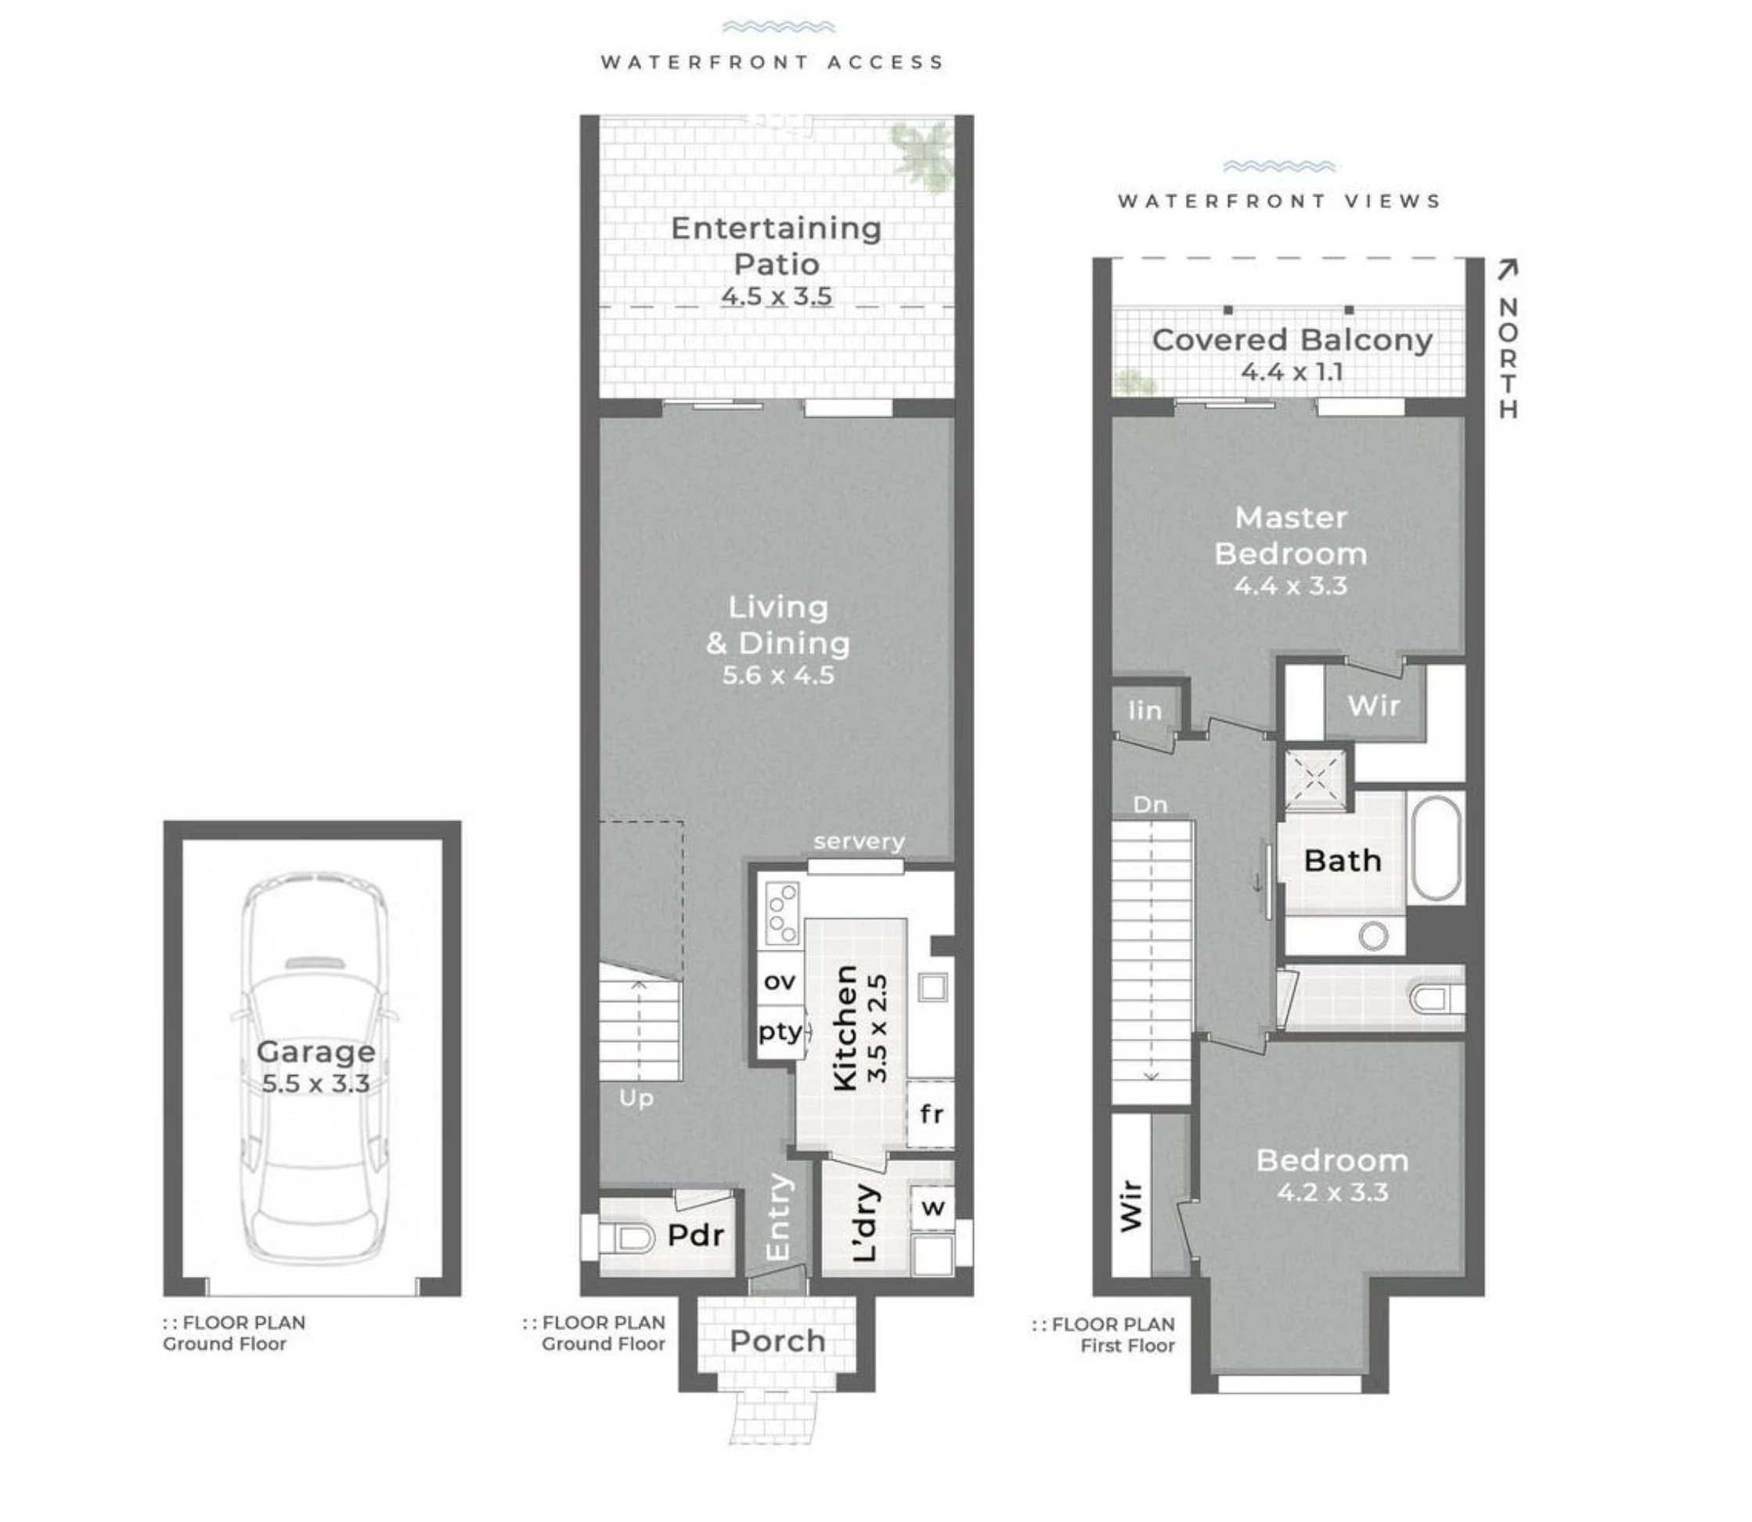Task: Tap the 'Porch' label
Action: click(x=777, y=1341)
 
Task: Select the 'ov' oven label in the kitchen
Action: click(x=780, y=982)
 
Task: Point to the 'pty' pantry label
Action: click(x=780, y=1032)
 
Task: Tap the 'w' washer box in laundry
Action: click(x=932, y=1207)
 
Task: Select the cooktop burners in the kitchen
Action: click(x=781, y=913)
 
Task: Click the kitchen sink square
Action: click(x=932, y=987)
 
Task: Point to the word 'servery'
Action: click(x=859, y=842)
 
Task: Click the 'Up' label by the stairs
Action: click(x=636, y=1099)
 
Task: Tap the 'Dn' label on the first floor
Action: click(x=1150, y=804)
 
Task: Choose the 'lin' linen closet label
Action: click(x=1145, y=710)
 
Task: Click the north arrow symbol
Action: click(x=1506, y=270)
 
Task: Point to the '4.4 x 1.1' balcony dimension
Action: click(x=1291, y=372)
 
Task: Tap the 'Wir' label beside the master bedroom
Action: click(x=1373, y=705)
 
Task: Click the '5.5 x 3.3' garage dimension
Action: click(x=315, y=1084)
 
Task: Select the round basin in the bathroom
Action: click(x=1372, y=936)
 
